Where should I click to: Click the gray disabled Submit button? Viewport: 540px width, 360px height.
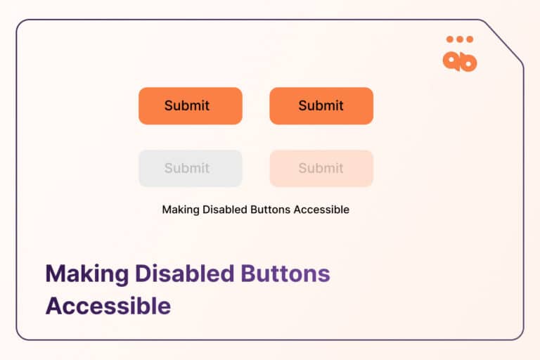point(190,169)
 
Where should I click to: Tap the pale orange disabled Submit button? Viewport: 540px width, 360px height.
point(321,169)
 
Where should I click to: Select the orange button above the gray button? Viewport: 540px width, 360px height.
point(190,106)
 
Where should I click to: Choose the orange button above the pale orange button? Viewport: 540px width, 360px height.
point(321,106)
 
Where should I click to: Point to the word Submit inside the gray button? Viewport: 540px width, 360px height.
point(187,168)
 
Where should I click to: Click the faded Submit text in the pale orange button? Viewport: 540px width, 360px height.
point(321,168)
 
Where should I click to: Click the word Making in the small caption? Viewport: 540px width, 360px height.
point(179,210)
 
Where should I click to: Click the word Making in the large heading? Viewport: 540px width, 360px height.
point(89,274)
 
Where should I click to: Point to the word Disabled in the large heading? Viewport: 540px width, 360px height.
point(186,274)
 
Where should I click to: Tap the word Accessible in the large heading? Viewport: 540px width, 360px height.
point(108,307)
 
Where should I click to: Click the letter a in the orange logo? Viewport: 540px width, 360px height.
point(451,61)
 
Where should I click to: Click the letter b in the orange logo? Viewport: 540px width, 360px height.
point(468,62)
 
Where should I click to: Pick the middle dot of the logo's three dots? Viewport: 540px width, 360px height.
point(460,39)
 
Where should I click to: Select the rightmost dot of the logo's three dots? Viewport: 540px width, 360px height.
point(469,39)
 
